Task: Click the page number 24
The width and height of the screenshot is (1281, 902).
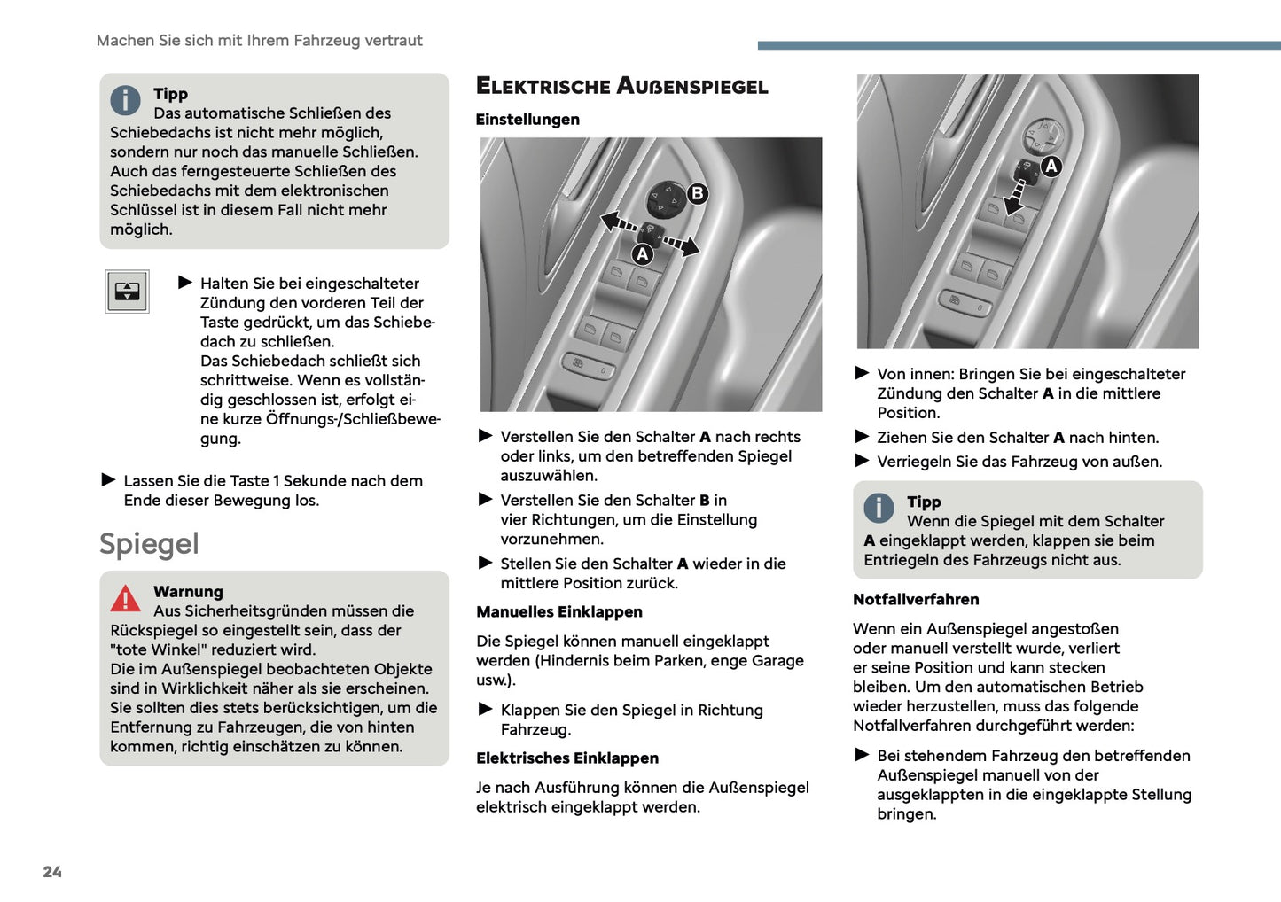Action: (x=52, y=872)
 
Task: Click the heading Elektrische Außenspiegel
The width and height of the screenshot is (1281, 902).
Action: (x=621, y=86)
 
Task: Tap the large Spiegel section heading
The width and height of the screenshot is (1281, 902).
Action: (x=149, y=544)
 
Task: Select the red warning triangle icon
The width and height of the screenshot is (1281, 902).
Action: (x=126, y=599)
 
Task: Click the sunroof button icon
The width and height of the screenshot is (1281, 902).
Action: (x=127, y=292)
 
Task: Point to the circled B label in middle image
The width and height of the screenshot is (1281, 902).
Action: (x=698, y=193)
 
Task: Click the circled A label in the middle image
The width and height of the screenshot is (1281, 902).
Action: (x=642, y=254)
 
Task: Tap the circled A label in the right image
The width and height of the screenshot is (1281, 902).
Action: (x=1051, y=166)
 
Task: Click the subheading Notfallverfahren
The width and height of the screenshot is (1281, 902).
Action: (x=916, y=600)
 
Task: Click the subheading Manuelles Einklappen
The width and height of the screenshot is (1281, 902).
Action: (x=558, y=612)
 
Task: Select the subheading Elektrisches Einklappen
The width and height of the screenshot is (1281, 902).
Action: (x=566, y=758)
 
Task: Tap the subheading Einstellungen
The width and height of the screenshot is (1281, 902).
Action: (x=527, y=120)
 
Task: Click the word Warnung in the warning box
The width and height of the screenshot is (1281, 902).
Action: (x=188, y=592)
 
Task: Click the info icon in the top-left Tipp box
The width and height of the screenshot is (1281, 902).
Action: (x=126, y=100)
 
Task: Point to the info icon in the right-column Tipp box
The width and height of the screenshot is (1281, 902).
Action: (x=879, y=508)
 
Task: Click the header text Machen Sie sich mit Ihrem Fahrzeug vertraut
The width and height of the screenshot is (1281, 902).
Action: (x=259, y=41)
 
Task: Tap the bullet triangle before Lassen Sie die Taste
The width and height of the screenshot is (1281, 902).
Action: (x=109, y=480)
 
